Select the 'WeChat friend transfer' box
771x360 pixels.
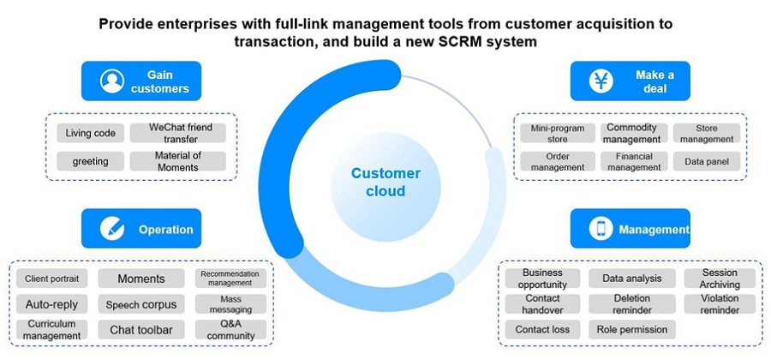coord(178,133)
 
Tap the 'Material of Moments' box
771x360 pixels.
coord(178,161)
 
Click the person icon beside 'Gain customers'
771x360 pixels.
coord(112,81)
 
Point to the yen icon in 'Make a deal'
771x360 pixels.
coord(601,81)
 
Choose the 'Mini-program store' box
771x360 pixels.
coord(558,134)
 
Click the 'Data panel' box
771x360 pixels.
coord(706,161)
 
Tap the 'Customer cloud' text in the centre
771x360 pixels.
coord(385,182)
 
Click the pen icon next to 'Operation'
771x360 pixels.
coord(112,229)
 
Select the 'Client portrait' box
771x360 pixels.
coord(52,279)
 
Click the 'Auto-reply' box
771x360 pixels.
coord(52,303)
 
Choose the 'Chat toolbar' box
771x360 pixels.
coord(141,329)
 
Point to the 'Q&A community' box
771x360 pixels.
coord(230,329)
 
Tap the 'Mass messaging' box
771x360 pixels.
coord(230,303)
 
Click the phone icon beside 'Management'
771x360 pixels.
coord(601,229)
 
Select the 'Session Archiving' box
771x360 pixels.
coord(720,279)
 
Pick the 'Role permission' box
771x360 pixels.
coord(632,329)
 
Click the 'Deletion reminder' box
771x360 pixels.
coord(632,303)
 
